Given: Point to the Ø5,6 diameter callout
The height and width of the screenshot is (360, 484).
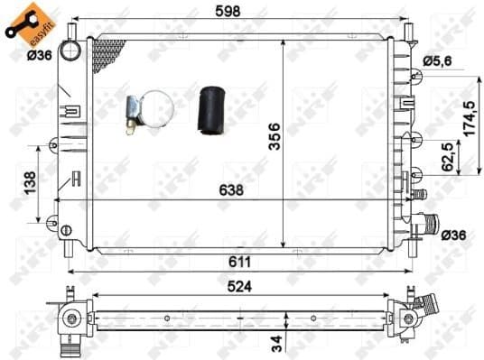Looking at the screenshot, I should (440, 60).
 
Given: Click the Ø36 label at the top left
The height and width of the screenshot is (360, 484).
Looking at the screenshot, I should (39, 56).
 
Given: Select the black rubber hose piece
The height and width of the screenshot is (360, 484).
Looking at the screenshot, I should (210, 108).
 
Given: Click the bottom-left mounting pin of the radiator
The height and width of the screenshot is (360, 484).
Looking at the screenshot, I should (70, 243).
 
